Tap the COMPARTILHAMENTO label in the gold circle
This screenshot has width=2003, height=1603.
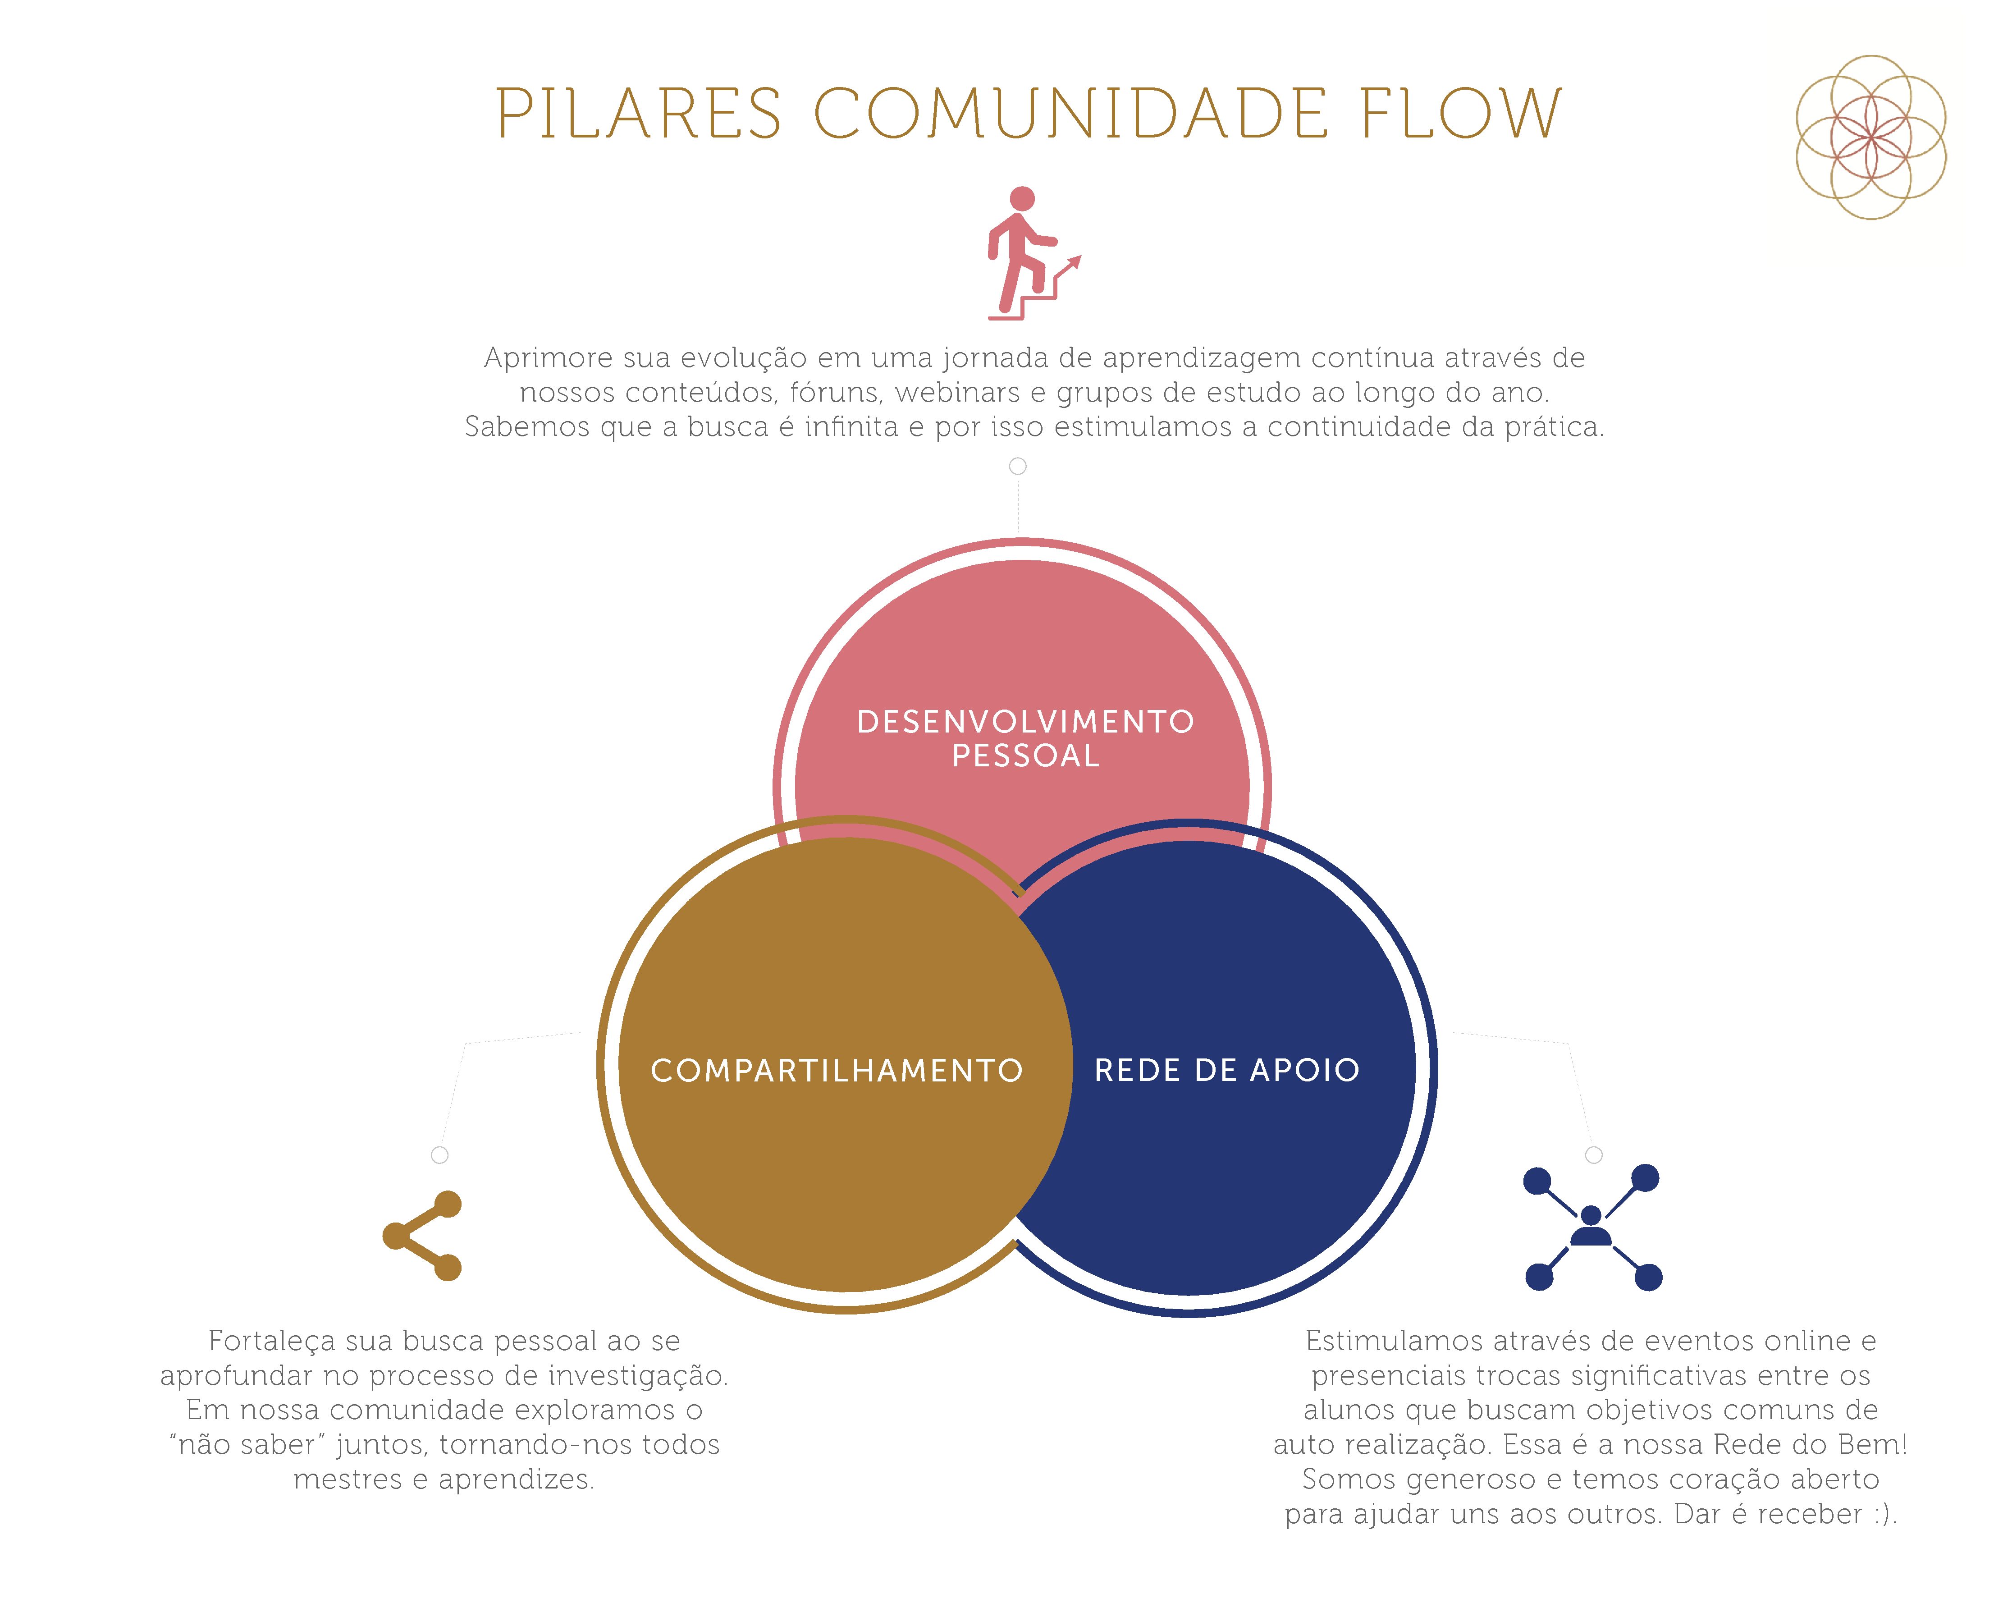tap(836, 1071)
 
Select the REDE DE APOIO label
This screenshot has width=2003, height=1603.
tap(1226, 1071)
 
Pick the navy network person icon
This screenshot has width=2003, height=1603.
tap(1591, 1227)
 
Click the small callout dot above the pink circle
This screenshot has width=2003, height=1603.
tap(1018, 467)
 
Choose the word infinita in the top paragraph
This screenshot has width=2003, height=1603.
tap(851, 426)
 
